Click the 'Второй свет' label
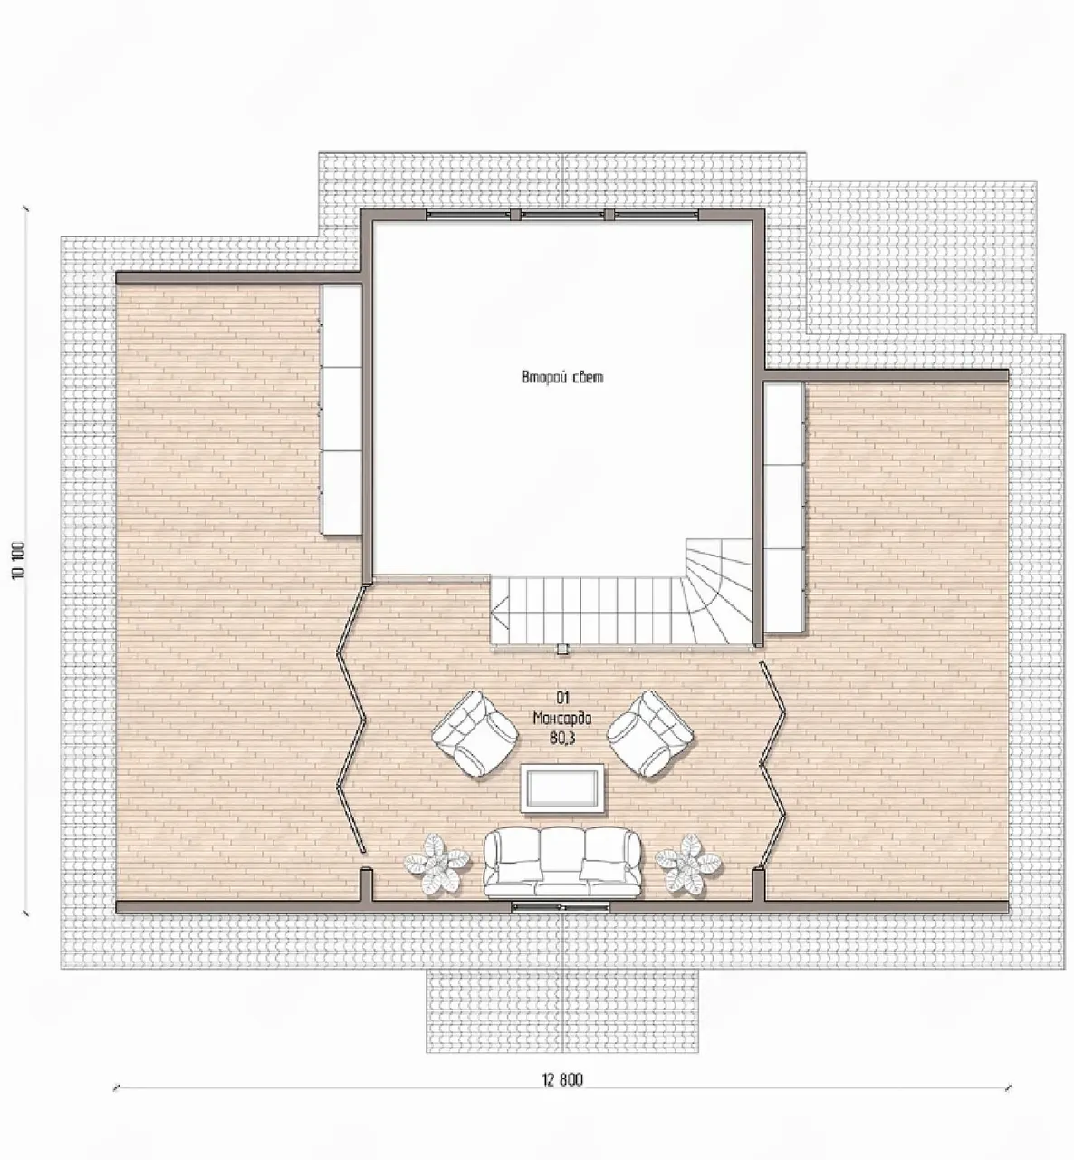point(562,377)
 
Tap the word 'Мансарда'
point(562,719)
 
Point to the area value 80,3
point(562,739)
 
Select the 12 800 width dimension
point(562,1080)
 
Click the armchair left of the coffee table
point(475,734)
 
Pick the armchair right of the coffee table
point(650,734)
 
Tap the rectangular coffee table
point(562,788)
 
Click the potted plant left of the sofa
point(437,863)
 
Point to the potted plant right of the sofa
point(688,863)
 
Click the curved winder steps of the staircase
point(719,590)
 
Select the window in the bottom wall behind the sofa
point(561,906)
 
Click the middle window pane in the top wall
point(562,215)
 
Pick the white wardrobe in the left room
point(341,409)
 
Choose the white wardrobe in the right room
point(783,507)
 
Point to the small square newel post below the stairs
point(562,648)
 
